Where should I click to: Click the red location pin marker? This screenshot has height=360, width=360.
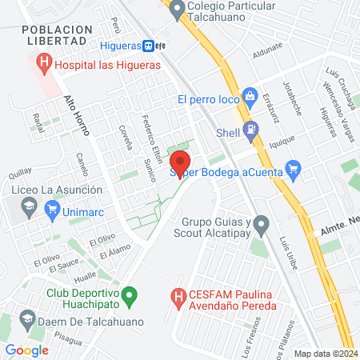click(x=181, y=162)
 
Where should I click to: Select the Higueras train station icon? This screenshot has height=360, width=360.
click(x=149, y=46)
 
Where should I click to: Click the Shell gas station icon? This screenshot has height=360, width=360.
click(x=250, y=129)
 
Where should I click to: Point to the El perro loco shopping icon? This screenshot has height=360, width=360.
click(x=250, y=95)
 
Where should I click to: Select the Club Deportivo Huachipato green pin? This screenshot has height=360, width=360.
click(x=133, y=298)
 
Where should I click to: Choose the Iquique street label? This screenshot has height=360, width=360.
click(x=282, y=139)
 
